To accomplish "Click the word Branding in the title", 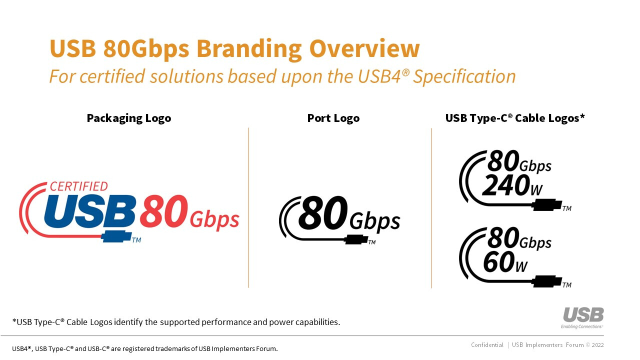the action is [249, 49].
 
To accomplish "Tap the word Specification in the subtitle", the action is [464, 77].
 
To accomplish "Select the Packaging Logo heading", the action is [129, 118].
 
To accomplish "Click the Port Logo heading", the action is [333, 118].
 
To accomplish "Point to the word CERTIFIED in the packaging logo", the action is [79, 186].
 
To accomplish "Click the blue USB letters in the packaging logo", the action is [89, 211].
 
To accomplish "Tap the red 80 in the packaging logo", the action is [163, 211].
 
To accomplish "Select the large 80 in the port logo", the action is [323, 213].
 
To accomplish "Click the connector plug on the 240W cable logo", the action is [547, 205].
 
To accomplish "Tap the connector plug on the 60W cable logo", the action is [547, 281].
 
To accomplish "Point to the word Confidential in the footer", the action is [487, 345].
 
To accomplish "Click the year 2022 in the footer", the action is [597, 345].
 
